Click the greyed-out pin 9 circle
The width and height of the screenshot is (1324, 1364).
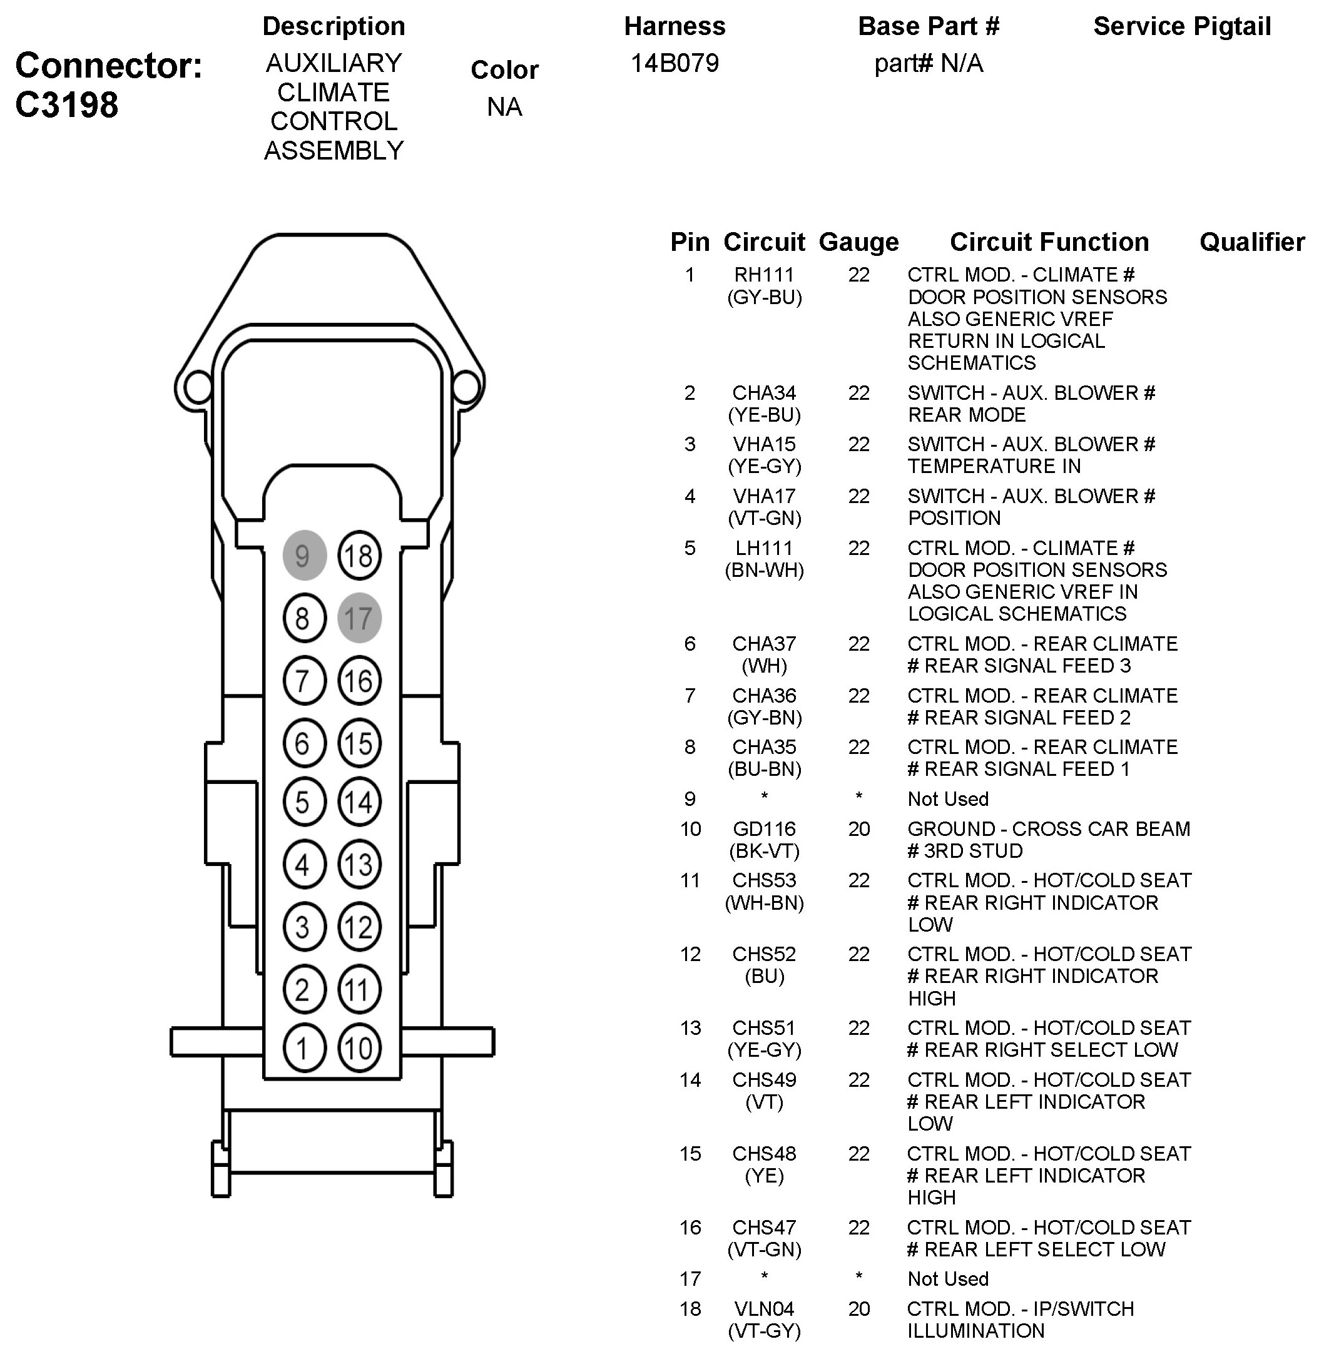tap(304, 556)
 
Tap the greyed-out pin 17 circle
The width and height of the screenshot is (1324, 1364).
tap(359, 618)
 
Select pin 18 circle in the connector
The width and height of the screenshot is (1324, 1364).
tap(359, 556)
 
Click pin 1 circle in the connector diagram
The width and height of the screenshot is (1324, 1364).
tap(304, 1048)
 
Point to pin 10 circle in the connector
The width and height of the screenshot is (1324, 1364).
tap(359, 1048)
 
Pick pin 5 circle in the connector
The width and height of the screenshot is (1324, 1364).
tap(304, 802)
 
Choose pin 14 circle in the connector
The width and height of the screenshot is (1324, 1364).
tap(359, 802)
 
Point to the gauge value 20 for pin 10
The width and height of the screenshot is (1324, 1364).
tap(859, 829)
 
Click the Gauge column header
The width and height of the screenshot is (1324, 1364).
tap(859, 242)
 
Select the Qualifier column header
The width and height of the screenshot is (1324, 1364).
tap(1251, 242)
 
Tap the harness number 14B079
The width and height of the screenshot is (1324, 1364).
tap(675, 63)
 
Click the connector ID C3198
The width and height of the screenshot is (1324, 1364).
tap(67, 105)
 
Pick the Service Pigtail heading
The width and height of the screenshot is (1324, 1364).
tap(1182, 26)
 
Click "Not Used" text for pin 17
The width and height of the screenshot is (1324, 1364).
tap(947, 1279)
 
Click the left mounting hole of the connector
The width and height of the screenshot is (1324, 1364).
tap(198, 386)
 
